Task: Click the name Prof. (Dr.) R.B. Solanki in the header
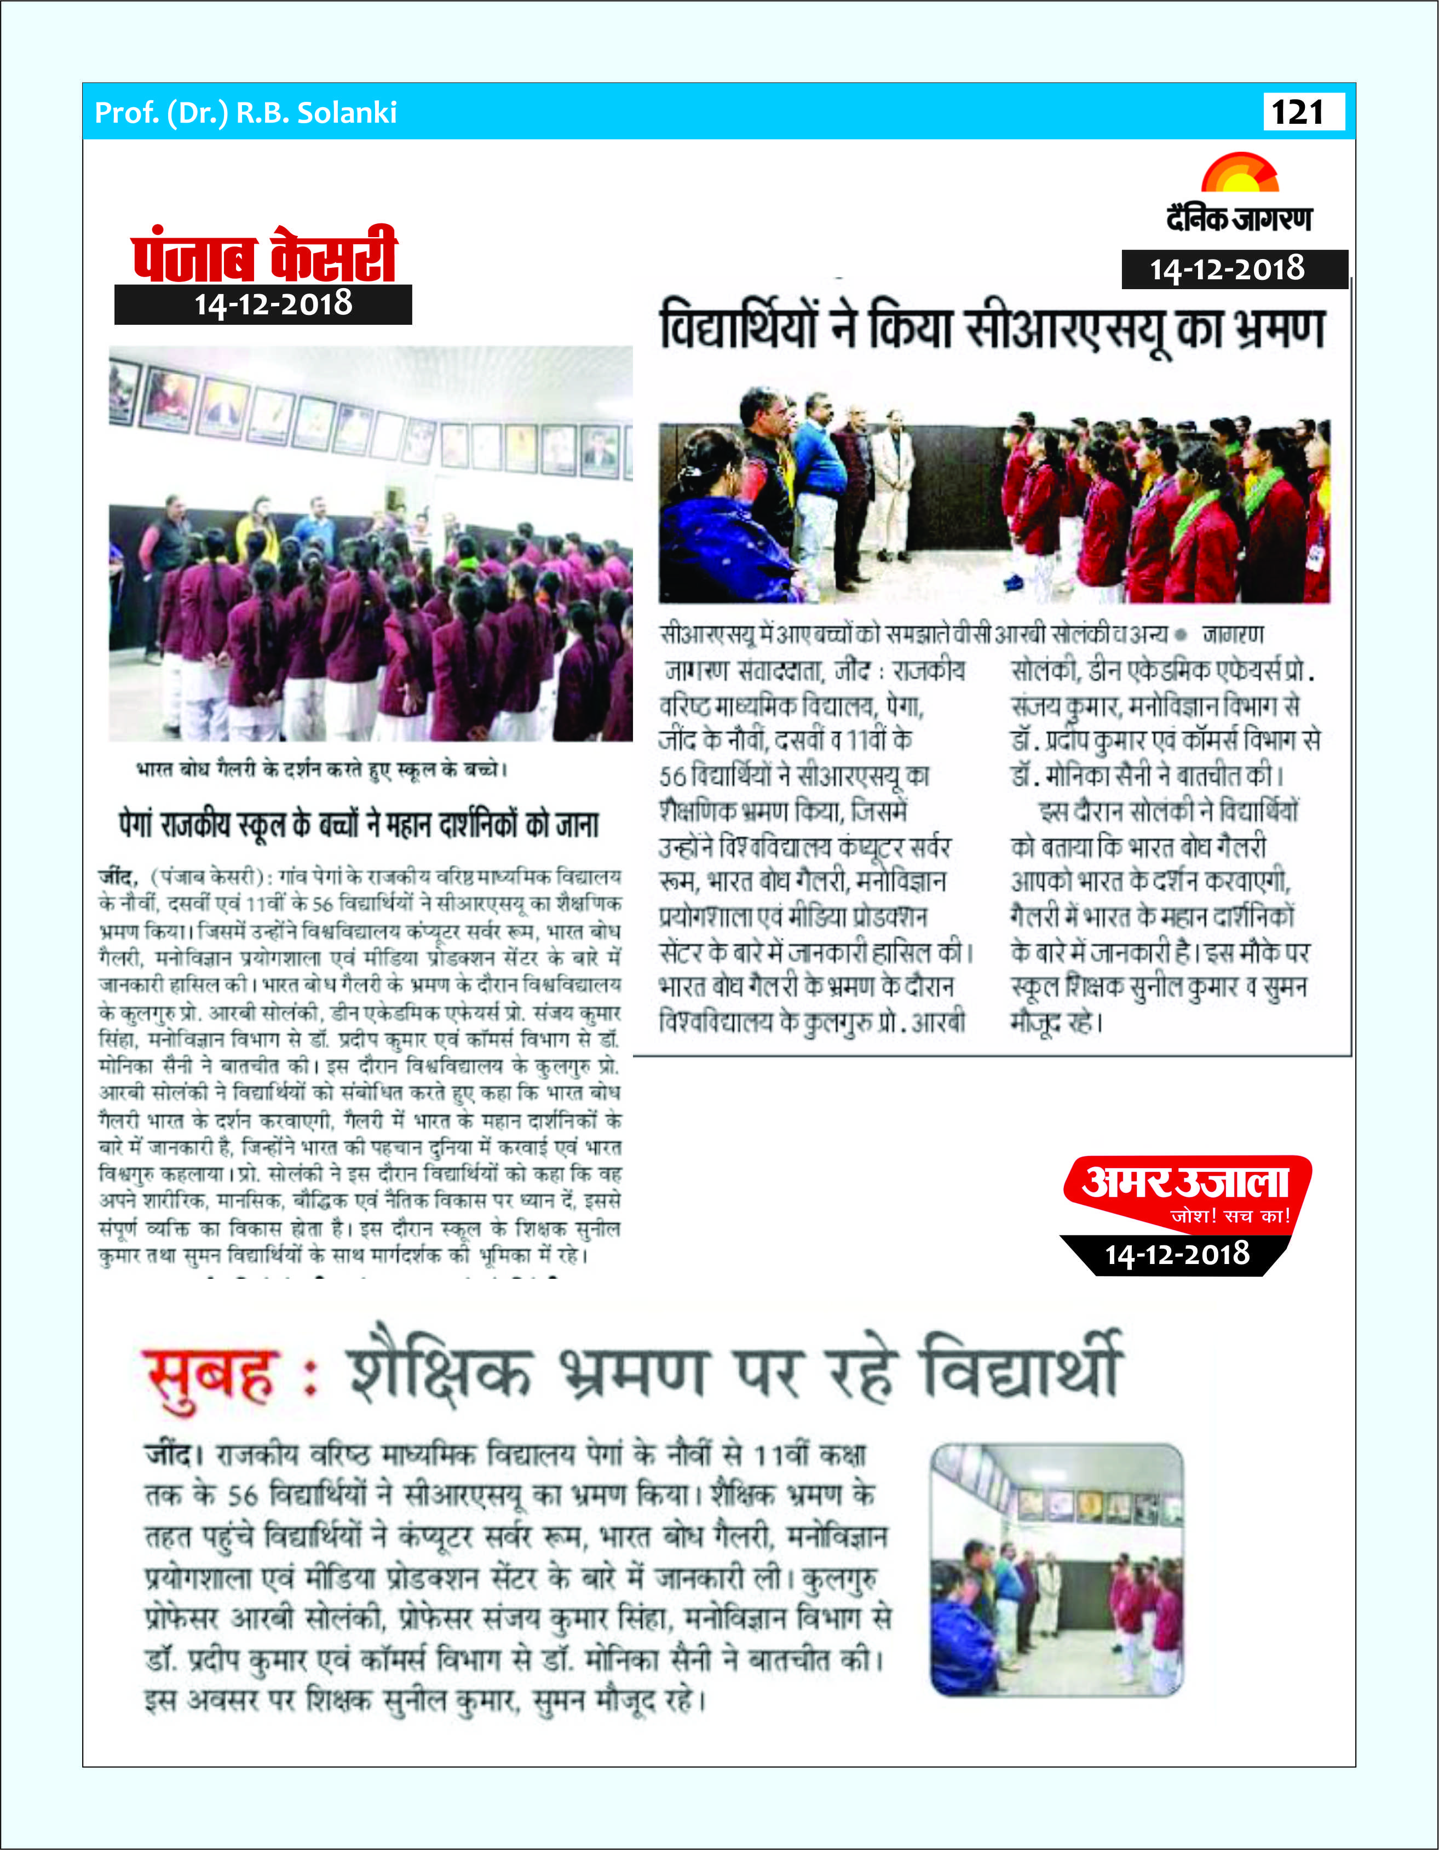point(246,113)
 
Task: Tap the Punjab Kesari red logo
point(264,254)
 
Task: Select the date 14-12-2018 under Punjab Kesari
point(273,304)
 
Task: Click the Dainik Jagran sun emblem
point(1240,174)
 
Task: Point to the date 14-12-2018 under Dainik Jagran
point(1227,269)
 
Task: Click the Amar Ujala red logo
point(1186,1183)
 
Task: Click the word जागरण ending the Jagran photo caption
point(1233,634)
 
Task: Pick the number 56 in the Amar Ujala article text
point(242,1496)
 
